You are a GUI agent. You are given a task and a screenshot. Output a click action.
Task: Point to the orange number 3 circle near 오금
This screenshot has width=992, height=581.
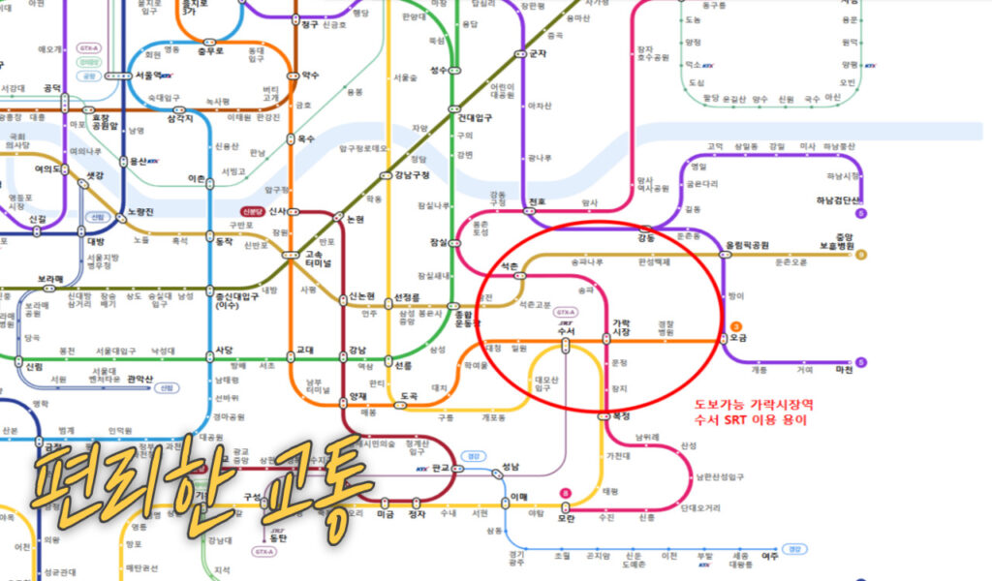point(736,326)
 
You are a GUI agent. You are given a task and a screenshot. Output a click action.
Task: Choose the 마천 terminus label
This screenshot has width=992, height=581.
point(844,369)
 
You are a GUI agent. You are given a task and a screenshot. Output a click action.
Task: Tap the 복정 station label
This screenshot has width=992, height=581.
point(620,416)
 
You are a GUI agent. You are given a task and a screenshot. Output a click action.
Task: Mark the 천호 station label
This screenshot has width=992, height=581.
point(538,202)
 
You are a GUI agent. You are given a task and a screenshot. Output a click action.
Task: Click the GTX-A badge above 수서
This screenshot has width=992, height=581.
point(566,312)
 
